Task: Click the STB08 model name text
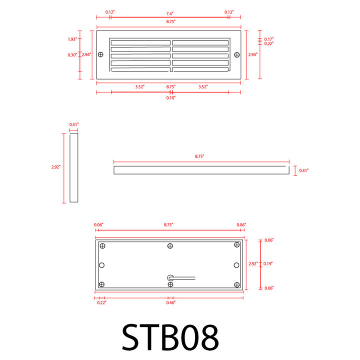click(170, 337)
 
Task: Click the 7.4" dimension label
click(169, 13)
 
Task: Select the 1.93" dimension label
click(72, 39)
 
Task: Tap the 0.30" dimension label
click(72, 55)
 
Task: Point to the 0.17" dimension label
click(269, 39)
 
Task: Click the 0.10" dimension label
click(171, 98)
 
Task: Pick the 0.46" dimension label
click(171, 302)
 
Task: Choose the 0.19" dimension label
click(267, 263)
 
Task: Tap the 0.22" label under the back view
click(101, 302)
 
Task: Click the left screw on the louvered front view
click(100, 54)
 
